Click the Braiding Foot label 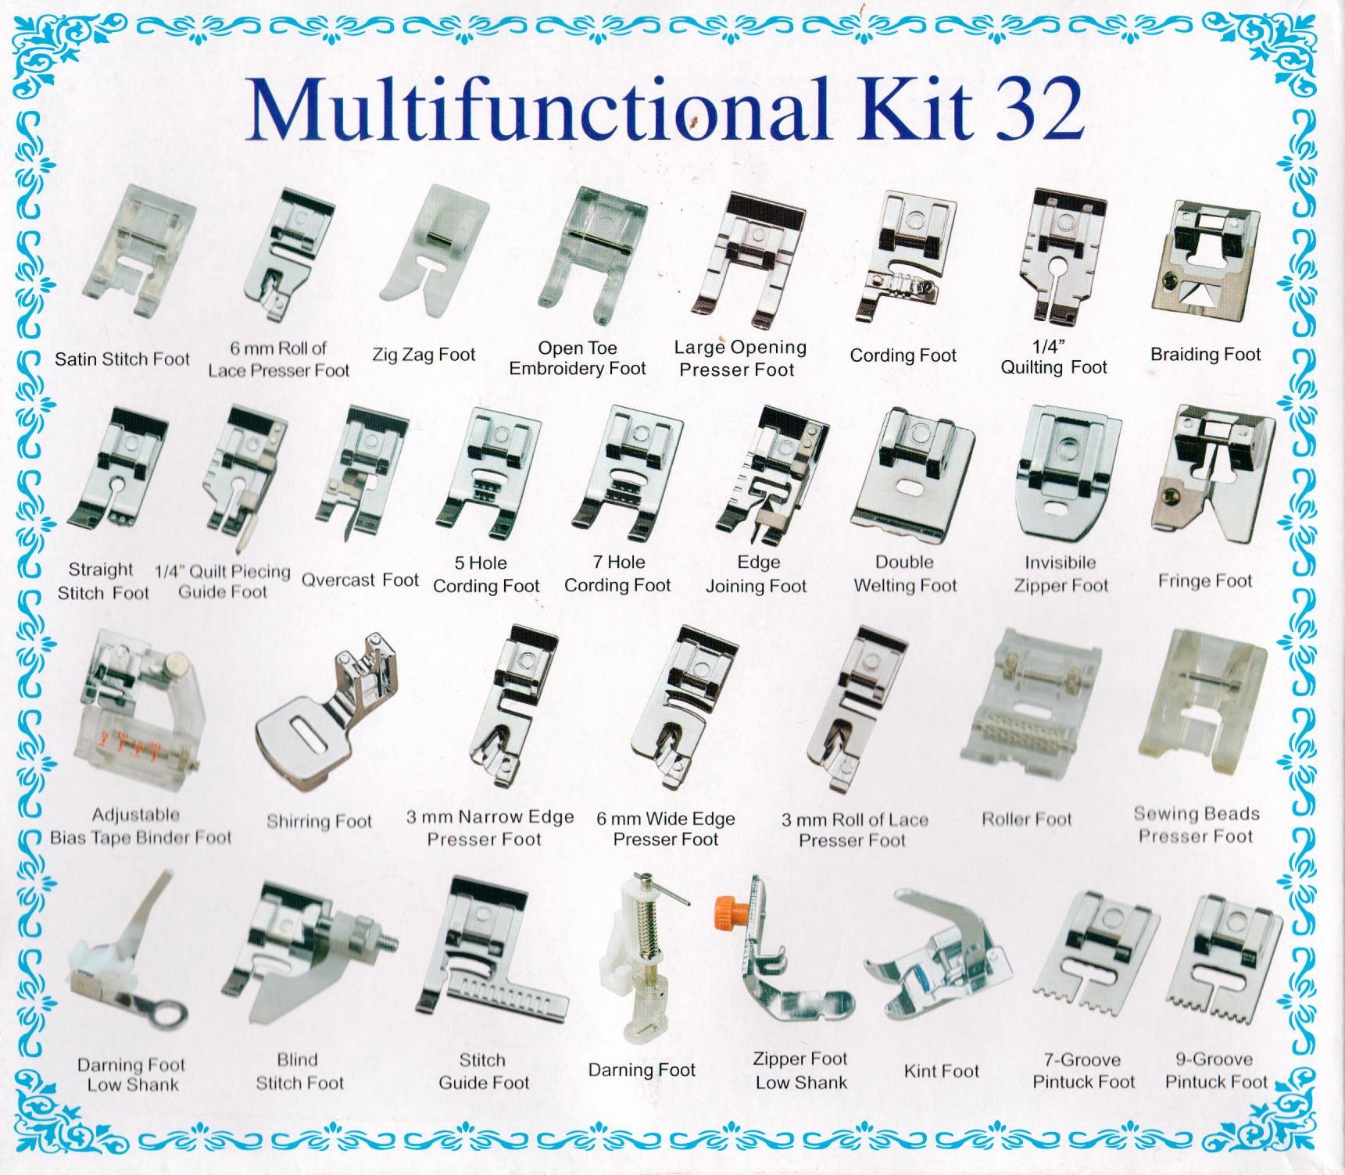coord(1205,355)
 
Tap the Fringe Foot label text coord(1204,581)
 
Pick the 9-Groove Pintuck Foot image coord(1223,960)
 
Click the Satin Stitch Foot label coord(122,359)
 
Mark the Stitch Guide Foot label coord(483,1071)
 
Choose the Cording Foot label coord(903,355)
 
